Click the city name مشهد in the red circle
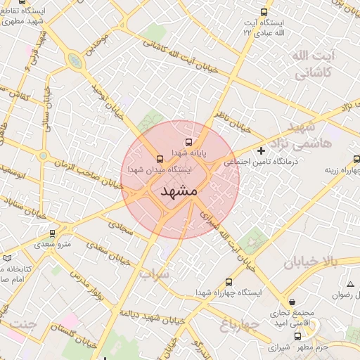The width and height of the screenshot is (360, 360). tap(179, 191)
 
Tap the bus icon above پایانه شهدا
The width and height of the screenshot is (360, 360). tap(187, 143)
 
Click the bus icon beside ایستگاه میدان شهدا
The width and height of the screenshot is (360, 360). tap(160, 158)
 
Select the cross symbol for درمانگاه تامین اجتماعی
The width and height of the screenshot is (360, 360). tap(262, 150)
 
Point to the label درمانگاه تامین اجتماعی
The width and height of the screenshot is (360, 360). tap(261, 162)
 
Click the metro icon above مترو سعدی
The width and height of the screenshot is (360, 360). tap(52, 233)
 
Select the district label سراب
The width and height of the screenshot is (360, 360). tap(154, 272)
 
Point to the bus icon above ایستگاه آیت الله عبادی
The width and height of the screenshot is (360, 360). tap(264, 12)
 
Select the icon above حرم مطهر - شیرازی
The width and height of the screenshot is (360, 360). tap(297, 336)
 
